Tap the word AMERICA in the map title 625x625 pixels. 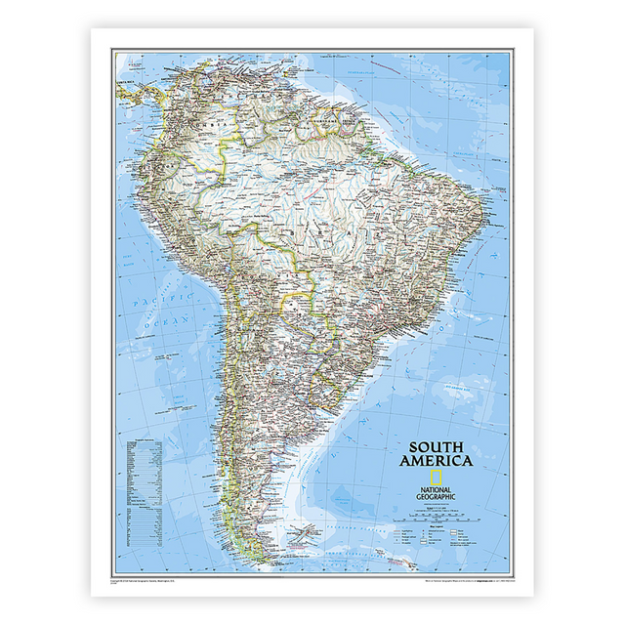click(436, 460)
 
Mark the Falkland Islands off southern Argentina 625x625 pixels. click(309, 533)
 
